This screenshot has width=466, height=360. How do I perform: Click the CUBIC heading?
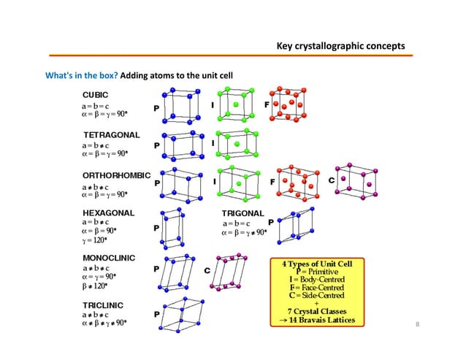[96, 94]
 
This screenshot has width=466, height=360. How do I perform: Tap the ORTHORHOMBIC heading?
[116, 176]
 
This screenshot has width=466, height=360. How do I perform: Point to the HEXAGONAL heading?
[109, 212]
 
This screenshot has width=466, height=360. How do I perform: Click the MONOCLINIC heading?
[109, 258]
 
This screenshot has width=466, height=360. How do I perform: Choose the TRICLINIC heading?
[103, 304]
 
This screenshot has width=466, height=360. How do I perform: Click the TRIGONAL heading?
[243, 212]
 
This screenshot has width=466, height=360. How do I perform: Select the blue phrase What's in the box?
[81, 75]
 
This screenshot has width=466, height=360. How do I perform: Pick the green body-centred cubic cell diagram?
[235, 106]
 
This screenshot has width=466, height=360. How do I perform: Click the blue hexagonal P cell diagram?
[175, 228]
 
